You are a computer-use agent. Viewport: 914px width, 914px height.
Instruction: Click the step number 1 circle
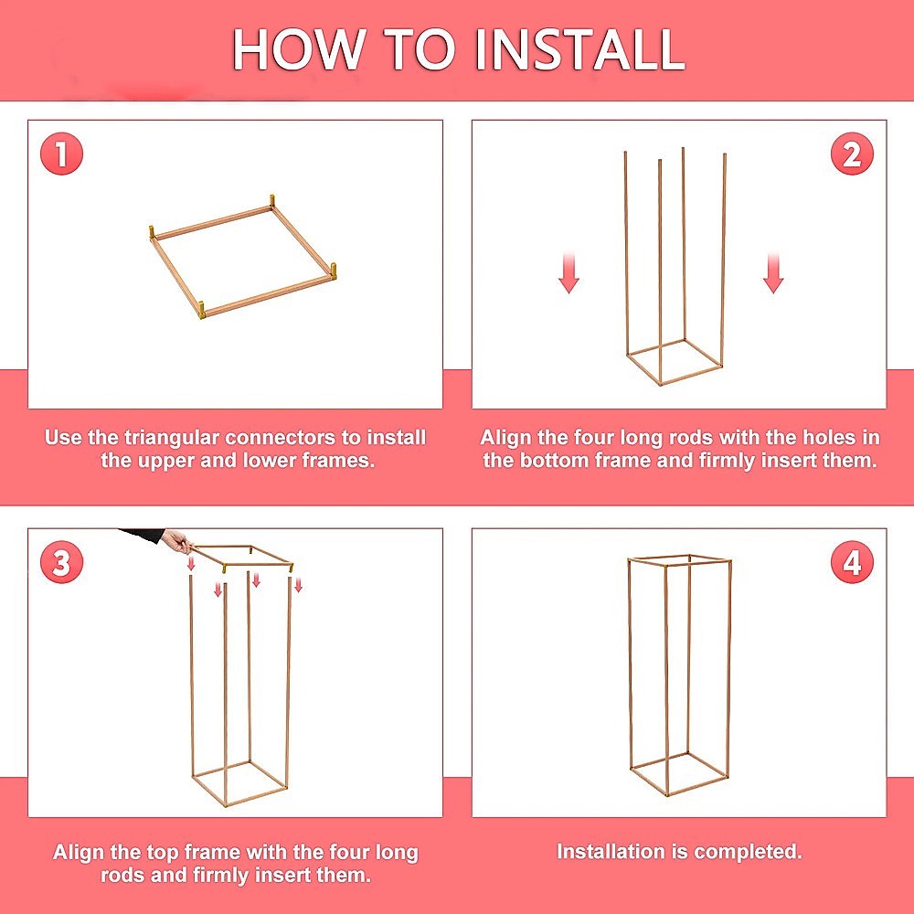pos(61,154)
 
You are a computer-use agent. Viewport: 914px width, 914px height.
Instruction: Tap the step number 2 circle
pos(852,154)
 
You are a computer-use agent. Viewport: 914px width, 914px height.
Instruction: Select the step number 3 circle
pos(61,562)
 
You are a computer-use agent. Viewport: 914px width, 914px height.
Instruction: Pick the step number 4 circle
pos(852,562)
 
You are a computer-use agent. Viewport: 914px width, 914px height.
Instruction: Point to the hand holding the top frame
pos(175,541)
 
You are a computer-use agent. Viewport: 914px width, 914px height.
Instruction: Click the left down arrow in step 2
pos(569,273)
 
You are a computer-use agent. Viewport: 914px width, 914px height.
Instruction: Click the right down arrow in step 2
pos(773,273)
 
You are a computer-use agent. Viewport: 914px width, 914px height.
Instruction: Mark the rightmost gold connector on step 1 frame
pos(333,271)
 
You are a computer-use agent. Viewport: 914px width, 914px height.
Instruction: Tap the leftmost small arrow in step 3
pos(191,566)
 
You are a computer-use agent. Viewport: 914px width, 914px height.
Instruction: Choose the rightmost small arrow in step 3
pos(298,584)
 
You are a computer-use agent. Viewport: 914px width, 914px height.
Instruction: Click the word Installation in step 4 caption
pos(611,852)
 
